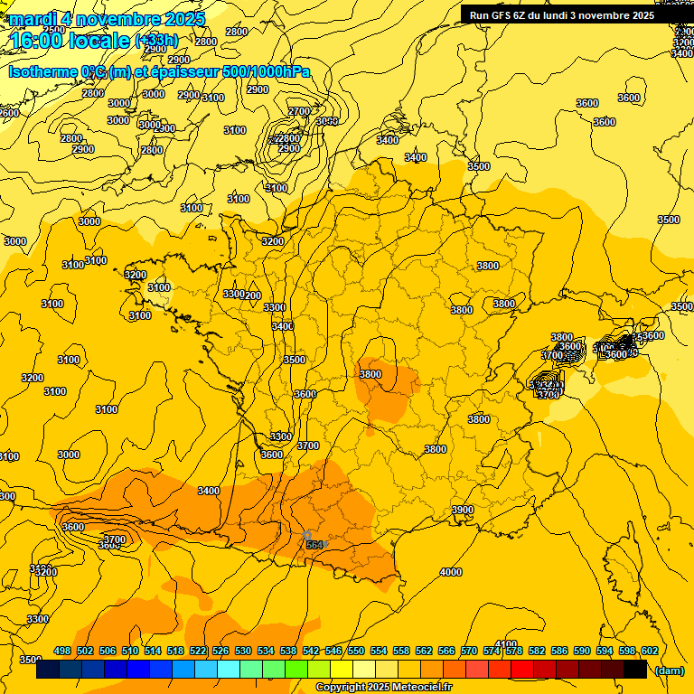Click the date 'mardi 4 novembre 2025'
point(107,19)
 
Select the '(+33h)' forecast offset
point(157,41)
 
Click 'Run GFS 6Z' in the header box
point(498,15)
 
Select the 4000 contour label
point(451,572)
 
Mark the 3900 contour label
point(463,511)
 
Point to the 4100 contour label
point(506,644)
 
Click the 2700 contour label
point(299,111)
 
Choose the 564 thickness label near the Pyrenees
point(314,544)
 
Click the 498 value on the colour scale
point(62,651)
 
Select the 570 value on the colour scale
point(469,651)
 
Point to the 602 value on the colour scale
point(649,651)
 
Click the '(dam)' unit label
point(670,671)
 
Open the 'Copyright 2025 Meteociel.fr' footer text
point(383,688)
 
